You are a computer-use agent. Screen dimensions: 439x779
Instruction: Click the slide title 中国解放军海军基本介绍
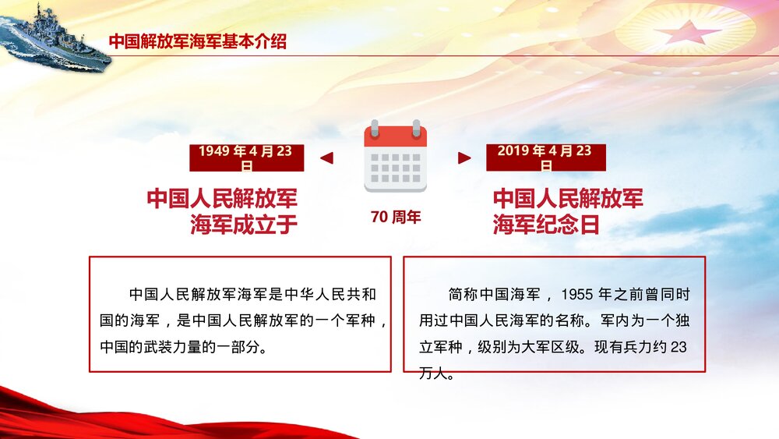197,42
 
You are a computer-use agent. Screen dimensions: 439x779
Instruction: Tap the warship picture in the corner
55,37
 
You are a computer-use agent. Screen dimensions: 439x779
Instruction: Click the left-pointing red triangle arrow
327,158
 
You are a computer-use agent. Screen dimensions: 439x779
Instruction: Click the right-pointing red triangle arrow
464,158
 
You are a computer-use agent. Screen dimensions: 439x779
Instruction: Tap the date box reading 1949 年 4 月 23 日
246,158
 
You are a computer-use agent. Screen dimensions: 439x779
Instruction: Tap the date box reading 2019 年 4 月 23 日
545,158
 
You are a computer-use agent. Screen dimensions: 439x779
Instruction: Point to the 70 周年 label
396,218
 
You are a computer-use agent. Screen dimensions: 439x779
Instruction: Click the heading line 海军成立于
244,225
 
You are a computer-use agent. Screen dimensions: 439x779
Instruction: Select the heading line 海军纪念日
546,225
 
